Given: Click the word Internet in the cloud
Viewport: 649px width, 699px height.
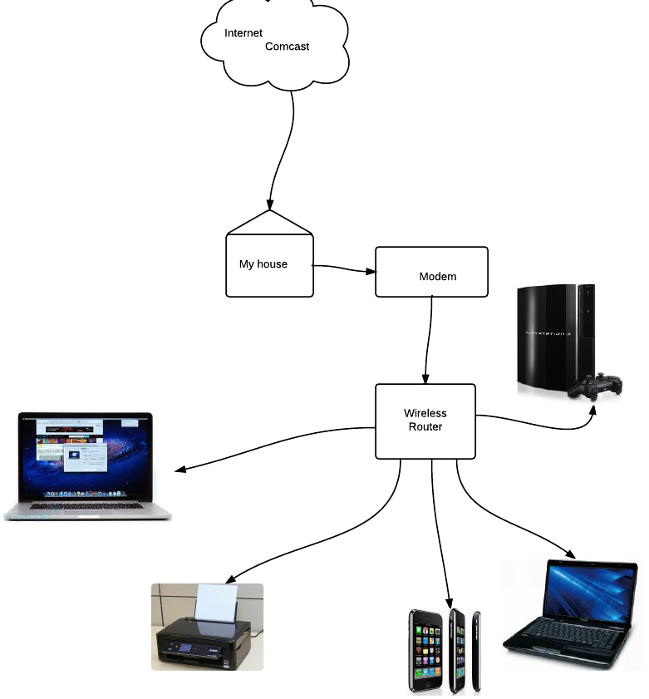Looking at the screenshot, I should pos(243,33).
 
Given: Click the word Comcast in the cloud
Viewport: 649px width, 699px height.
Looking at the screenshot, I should pos(287,47).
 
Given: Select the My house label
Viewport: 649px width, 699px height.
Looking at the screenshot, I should pos(263,264).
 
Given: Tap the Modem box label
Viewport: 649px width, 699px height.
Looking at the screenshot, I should pos(437,276).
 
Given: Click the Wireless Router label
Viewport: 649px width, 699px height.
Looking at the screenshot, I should pos(425,420).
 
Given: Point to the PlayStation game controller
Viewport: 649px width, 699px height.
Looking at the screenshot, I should pos(597,386).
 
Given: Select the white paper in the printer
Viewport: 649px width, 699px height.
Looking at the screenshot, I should pos(216,603).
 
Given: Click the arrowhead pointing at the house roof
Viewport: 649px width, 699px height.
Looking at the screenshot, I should pos(269,204).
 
